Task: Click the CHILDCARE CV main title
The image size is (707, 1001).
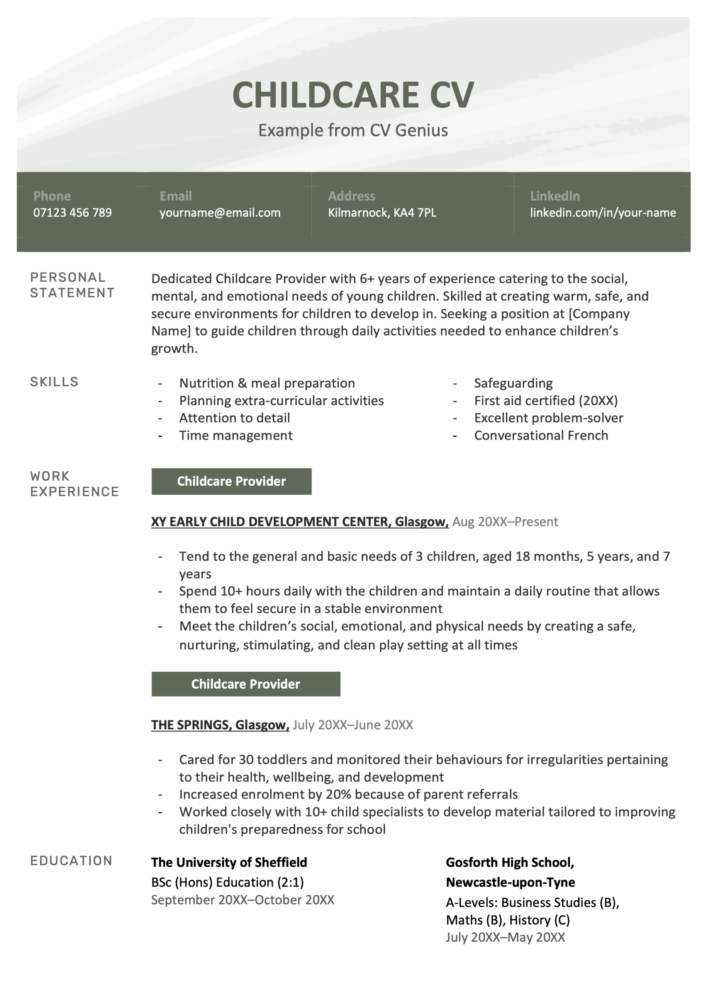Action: click(x=353, y=95)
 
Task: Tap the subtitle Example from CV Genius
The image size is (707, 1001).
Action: click(x=353, y=130)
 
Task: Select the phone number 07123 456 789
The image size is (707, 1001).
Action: click(x=72, y=213)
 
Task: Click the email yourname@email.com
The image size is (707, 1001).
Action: click(x=220, y=213)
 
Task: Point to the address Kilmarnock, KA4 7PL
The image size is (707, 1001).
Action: click(x=382, y=213)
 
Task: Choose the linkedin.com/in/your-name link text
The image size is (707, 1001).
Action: click(x=602, y=213)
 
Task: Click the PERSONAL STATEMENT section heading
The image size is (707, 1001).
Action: click(x=72, y=285)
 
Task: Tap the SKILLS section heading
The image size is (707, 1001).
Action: click(x=54, y=382)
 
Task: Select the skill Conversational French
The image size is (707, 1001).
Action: click(x=541, y=436)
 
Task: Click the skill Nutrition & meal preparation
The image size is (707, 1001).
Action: click(x=267, y=383)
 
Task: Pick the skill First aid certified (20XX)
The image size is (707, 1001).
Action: click(x=546, y=401)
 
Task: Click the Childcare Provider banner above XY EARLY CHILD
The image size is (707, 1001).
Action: click(x=231, y=481)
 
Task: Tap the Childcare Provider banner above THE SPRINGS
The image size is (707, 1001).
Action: click(x=245, y=684)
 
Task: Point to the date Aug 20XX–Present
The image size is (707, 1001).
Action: click(x=505, y=522)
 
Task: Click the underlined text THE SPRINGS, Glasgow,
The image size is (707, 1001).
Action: click(x=220, y=725)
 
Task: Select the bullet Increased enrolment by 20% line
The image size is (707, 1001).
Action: click(x=348, y=794)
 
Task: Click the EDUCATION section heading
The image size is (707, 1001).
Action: click(x=71, y=861)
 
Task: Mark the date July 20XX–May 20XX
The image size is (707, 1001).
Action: click(x=505, y=937)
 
